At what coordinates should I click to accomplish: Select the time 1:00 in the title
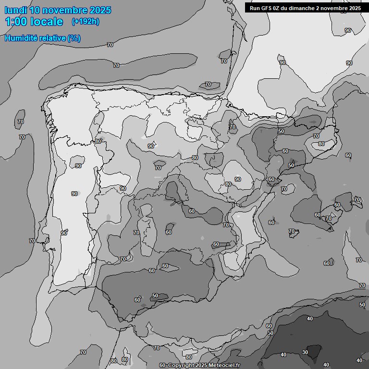(x=15, y=22)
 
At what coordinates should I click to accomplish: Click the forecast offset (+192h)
(x=85, y=22)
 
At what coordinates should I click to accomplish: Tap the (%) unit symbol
(x=74, y=38)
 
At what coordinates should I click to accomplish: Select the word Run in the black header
(x=255, y=8)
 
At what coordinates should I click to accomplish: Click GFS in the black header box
(x=266, y=8)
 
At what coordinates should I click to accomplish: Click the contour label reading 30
(x=305, y=352)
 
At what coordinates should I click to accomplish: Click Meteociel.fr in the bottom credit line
(x=223, y=365)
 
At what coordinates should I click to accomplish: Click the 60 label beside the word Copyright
(x=162, y=365)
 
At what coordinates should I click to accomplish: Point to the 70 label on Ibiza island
(x=291, y=231)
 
